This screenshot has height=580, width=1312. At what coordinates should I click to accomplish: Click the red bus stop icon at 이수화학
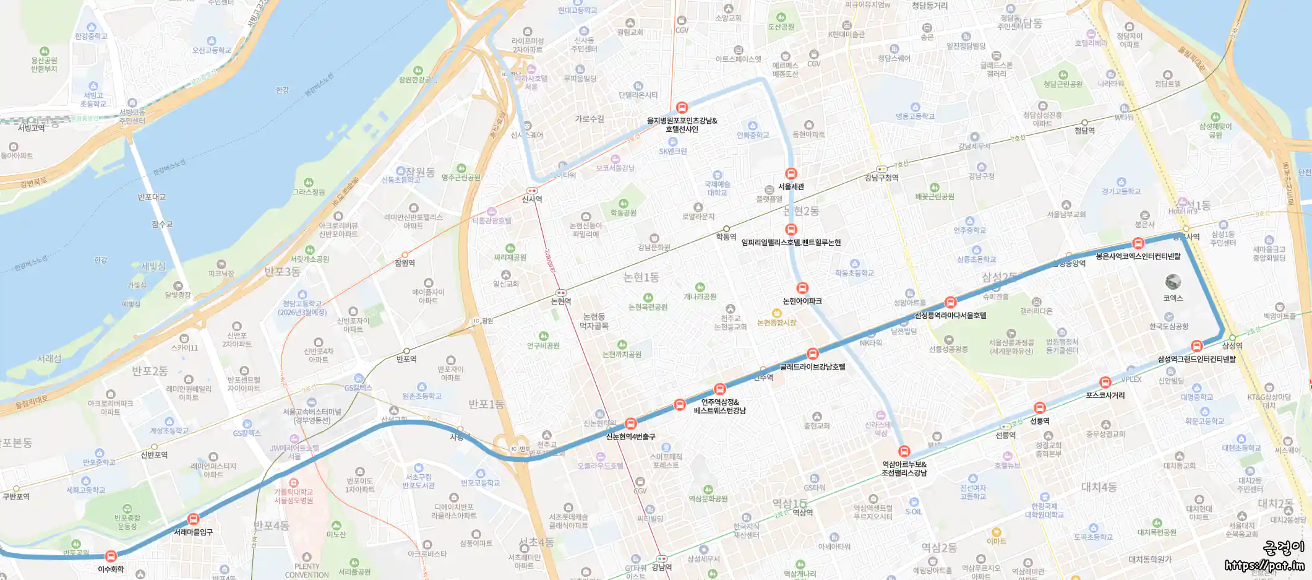click(x=111, y=556)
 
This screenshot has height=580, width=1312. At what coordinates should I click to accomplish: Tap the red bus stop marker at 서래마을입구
click(x=194, y=519)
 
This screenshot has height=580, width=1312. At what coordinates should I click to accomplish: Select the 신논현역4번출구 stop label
click(x=630, y=437)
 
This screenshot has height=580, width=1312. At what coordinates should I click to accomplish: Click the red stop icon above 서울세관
click(x=791, y=174)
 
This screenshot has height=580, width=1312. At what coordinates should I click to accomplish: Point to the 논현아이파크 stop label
click(x=802, y=301)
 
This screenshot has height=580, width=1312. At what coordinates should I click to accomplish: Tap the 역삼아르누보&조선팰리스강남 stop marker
click(x=904, y=451)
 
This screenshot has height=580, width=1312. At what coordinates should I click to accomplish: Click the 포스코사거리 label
click(x=1105, y=396)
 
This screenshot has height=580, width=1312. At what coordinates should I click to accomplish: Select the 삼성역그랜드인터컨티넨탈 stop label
click(x=1196, y=359)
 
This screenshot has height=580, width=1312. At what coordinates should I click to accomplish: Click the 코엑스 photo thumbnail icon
click(x=1173, y=282)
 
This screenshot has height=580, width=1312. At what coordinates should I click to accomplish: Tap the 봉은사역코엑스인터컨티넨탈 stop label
click(x=1138, y=256)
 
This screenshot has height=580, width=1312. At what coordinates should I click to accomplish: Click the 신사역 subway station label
click(x=532, y=199)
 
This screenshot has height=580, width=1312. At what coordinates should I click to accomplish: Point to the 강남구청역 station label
click(x=881, y=178)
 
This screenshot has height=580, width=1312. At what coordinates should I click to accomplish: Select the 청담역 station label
click(x=1084, y=131)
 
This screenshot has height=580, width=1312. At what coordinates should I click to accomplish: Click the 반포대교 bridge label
click(x=152, y=197)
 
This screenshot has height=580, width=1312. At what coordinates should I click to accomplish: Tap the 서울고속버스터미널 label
click(x=312, y=416)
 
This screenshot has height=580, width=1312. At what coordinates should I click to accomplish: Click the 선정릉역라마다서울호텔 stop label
click(x=950, y=316)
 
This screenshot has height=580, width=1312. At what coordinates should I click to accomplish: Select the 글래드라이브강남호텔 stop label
click(x=812, y=367)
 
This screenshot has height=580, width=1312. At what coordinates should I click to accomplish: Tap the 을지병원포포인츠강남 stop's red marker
click(x=682, y=108)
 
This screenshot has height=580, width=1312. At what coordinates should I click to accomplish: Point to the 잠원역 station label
click(x=405, y=263)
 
